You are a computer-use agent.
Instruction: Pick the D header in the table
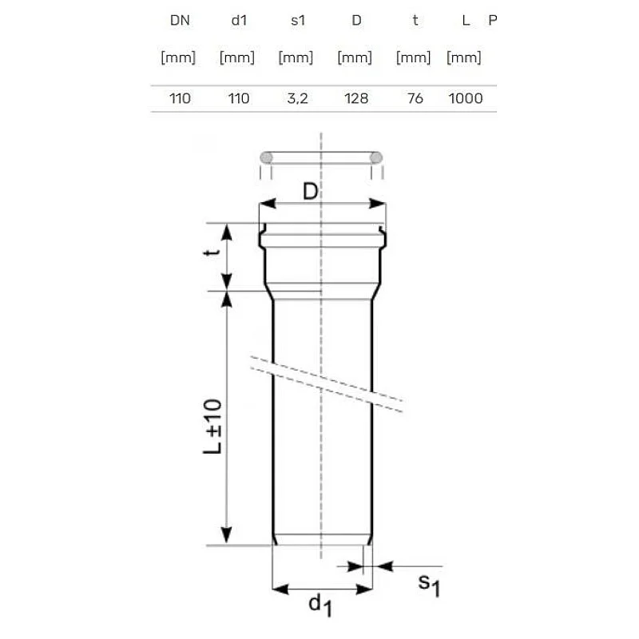355,21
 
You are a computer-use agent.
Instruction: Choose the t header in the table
415,21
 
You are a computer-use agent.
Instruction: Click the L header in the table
466,21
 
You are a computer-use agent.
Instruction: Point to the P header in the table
493,21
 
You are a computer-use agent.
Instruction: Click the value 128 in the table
355,99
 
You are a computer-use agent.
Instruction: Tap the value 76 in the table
415,99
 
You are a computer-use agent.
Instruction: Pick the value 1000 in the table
466,99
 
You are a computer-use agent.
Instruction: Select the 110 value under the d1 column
237,99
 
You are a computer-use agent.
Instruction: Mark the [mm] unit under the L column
464,58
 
